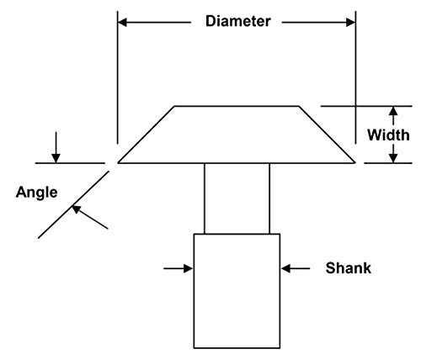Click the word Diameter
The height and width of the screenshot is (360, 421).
click(238, 22)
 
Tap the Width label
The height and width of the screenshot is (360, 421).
click(388, 135)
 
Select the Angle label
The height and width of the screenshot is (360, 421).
click(36, 193)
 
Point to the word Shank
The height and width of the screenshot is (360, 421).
click(349, 268)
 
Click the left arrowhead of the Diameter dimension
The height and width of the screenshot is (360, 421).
click(122, 23)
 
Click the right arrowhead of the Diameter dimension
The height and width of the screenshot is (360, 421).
click(351, 23)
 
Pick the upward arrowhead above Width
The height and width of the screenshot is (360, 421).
click(393, 111)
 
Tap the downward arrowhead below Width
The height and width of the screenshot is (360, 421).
click(393, 158)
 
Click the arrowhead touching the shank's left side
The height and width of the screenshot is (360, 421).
click(189, 268)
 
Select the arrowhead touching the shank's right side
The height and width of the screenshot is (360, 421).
click(285, 268)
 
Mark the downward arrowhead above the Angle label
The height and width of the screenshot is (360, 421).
click(56, 158)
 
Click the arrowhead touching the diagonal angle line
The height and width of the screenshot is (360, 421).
click(77, 209)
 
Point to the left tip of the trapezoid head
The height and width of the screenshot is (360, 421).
click(118, 162)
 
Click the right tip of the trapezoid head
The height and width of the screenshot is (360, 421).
click(355, 162)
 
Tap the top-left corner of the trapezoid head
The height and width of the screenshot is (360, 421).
click(174, 106)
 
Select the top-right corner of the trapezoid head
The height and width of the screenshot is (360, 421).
click(299, 106)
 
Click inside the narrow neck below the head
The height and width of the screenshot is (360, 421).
click(237, 199)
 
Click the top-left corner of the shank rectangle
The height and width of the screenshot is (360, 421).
click(194, 234)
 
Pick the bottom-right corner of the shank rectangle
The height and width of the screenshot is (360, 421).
click(280, 348)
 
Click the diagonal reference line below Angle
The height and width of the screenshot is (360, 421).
click(73, 204)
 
